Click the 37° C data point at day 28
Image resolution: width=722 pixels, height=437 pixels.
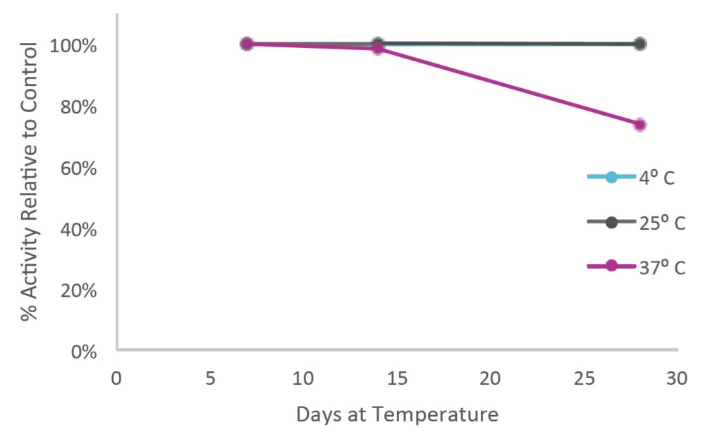pyautogui.click(x=640, y=125)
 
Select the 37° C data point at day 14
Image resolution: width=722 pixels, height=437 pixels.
pyautogui.click(x=378, y=48)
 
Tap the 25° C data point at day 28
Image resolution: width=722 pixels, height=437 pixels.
pyautogui.click(x=640, y=44)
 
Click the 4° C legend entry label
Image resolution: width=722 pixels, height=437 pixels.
pyautogui.click(x=656, y=178)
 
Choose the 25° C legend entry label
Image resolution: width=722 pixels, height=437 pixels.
pyautogui.click(x=662, y=223)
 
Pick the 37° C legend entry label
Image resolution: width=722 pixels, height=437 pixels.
pyautogui.click(x=662, y=268)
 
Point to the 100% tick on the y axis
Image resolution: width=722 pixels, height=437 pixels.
pyautogui.click(x=73, y=46)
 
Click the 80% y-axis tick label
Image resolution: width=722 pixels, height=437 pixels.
pyautogui.click(x=79, y=107)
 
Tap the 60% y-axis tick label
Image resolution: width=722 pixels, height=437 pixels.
pyautogui.click(x=79, y=168)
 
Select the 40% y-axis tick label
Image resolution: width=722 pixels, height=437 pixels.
pyautogui.click(x=79, y=230)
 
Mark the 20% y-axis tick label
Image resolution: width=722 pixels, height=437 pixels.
pyautogui.click(x=79, y=291)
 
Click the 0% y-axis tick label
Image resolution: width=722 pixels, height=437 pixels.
pyautogui.click(x=84, y=352)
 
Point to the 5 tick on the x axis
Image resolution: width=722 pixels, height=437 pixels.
pyautogui.click(x=210, y=378)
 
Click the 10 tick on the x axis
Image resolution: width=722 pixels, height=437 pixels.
pyautogui.click(x=303, y=378)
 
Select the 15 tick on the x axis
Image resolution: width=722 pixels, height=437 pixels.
pyautogui.click(x=397, y=378)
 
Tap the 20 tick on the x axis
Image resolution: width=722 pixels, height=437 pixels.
pyautogui.click(x=490, y=378)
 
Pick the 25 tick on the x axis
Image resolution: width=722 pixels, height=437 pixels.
pyautogui.click(x=584, y=378)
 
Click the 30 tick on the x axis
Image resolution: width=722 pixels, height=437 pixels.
pyautogui.click(x=677, y=378)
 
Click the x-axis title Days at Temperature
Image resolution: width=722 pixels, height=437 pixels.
pyautogui.click(x=397, y=414)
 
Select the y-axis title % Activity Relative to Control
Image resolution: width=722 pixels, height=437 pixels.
pyautogui.click(x=29, y=181)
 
